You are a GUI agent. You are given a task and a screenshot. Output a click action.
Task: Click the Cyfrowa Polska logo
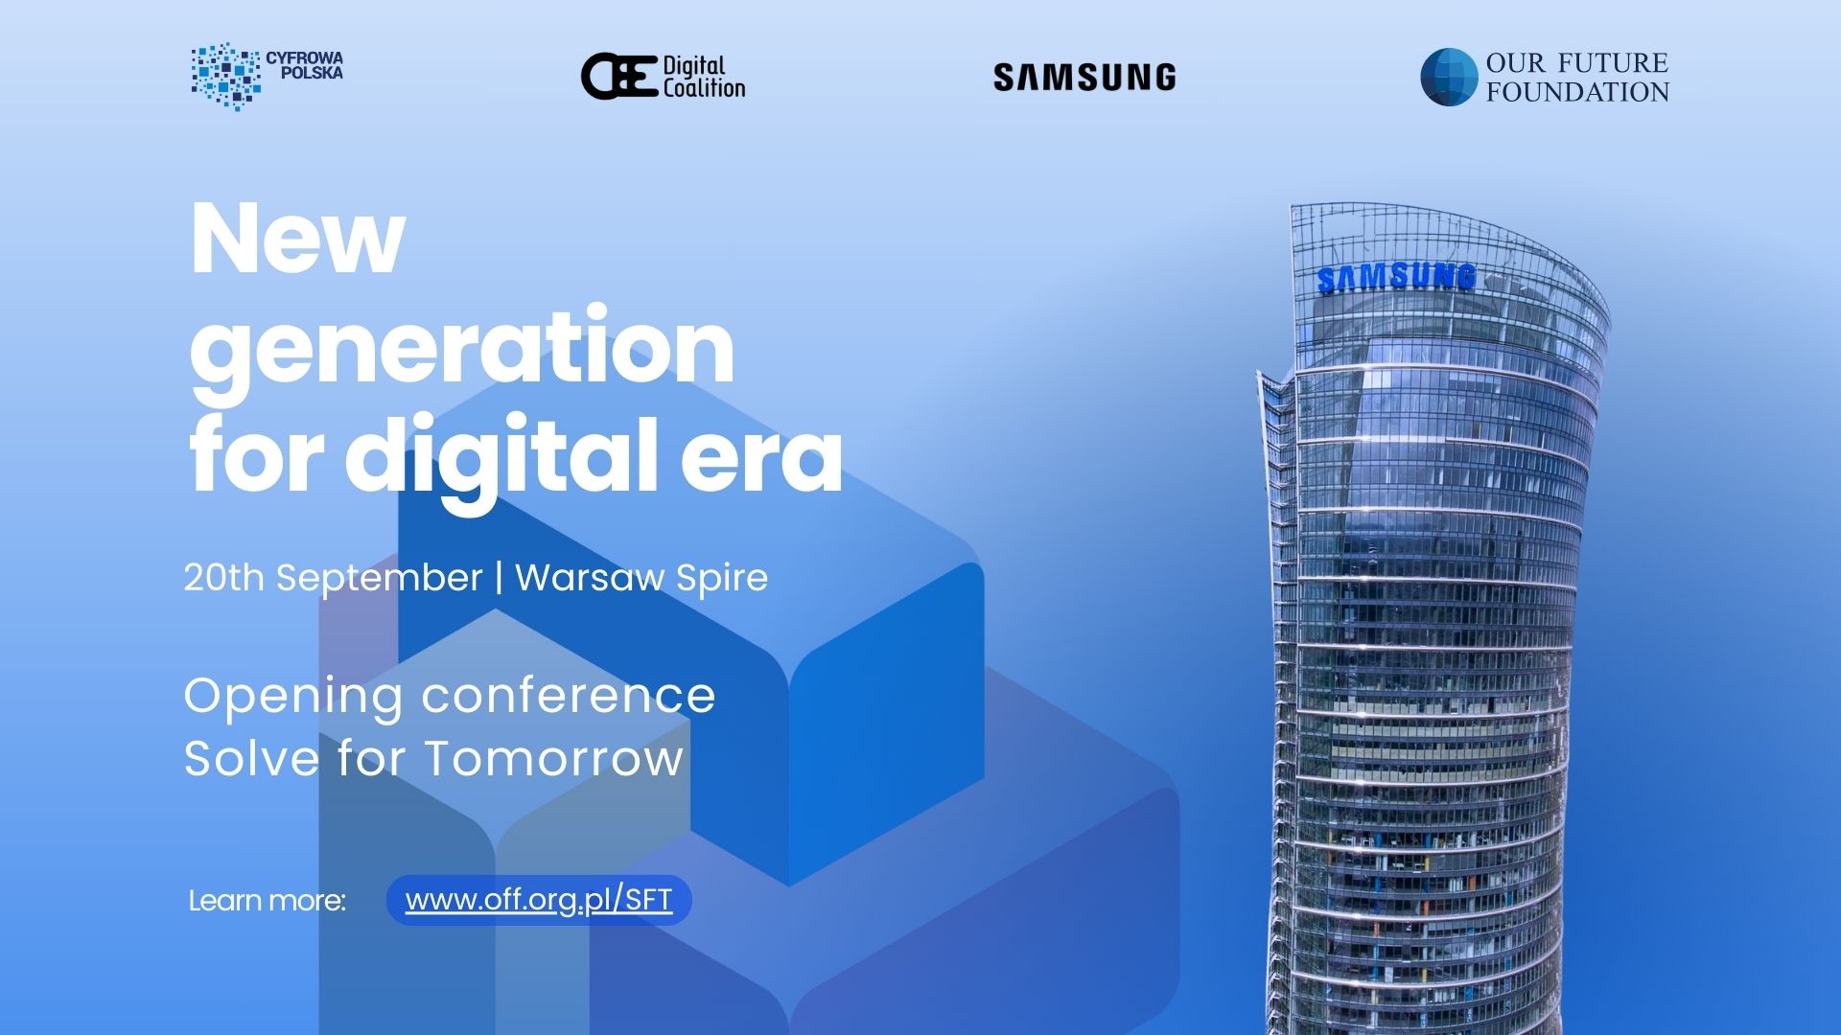[x=267, y=76]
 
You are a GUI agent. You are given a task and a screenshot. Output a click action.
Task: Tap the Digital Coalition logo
[x=663, y=77]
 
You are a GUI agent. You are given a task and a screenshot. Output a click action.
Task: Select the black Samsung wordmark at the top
[x=1084, y=78]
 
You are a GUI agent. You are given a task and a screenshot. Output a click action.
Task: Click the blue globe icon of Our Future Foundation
[x=1448, y=77]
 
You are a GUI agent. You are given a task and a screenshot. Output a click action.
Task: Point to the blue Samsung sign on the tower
[x=1396, y=277]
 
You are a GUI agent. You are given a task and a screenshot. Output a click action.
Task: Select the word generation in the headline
[x=462, y=352]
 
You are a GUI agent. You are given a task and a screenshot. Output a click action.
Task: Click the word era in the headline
[x=762, y=458]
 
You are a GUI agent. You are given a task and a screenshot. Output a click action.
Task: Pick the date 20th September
[x=333, y=578]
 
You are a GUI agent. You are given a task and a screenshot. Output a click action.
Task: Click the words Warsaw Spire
[x=641, y=578]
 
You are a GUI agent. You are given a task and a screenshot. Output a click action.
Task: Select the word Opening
[x=293, y=697]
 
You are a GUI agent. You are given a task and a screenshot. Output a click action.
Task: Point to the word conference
[x=570, y=696]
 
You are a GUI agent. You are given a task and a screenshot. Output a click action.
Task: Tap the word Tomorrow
[x=554, y=758]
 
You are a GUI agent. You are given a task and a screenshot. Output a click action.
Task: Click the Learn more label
[x=267, y=901]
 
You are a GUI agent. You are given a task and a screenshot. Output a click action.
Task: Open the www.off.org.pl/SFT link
[x=539, y=900]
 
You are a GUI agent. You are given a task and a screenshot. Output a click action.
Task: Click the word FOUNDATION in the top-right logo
[x=1577, y=92]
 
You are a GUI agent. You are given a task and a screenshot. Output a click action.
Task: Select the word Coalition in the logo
[x=704, y=88]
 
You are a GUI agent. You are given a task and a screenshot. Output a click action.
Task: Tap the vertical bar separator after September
[x=499, y=578]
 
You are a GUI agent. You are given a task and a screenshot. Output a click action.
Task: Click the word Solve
[x=251, y=758]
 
